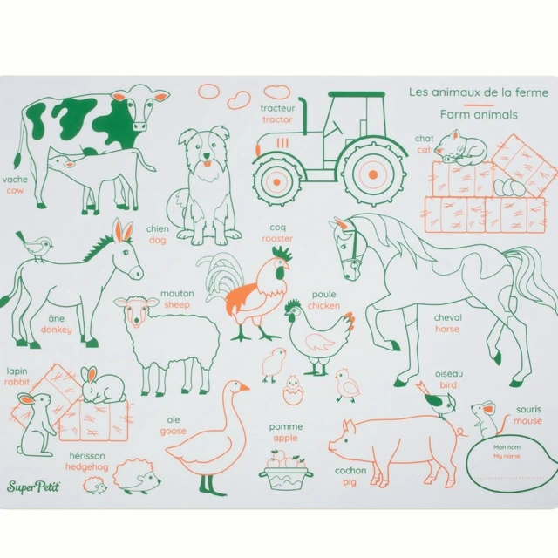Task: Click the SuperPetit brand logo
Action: (33, 487)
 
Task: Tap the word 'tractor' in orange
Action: (277, 119)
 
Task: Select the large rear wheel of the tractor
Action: (373, 174)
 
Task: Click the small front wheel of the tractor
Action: (276, 182)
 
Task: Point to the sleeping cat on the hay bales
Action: (460, 147)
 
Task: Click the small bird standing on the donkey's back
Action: (35, 246)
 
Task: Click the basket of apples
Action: (286, 470)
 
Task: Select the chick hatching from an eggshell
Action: (293, 390)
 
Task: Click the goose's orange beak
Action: (244, 387)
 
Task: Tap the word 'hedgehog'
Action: (87, 467)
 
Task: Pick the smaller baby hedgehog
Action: (95, 486)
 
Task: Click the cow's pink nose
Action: (139, 126)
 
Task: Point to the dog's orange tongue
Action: (206, 164)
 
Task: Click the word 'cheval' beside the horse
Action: (447, 317)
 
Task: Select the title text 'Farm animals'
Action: (479, 114)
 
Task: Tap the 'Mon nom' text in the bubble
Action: (507, 447)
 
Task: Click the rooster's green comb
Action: (282, 253)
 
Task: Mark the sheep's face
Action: (137, 311)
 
